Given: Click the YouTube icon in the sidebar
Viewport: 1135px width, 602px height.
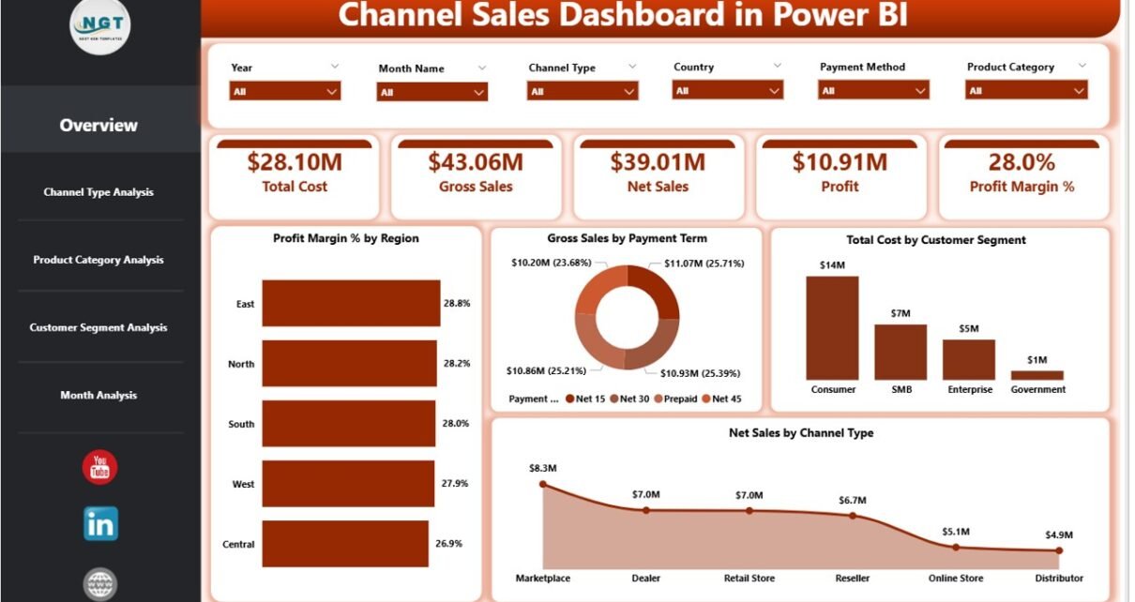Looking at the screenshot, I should pyautogui.click(x=99, y=467).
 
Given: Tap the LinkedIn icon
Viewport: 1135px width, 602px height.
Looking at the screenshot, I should pyautogui.click(x=100, y=524).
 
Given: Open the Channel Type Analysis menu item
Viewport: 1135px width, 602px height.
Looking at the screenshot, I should pyautogui.click(x=98, y=192).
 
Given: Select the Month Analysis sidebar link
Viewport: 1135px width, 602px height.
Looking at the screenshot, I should pyautogui.click(x=98, y=395).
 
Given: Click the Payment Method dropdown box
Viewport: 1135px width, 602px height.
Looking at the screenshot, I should pyautogui.click(x=874, y=91).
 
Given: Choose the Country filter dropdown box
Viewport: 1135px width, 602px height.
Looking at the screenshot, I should pyautogui.click(x=727, y=91).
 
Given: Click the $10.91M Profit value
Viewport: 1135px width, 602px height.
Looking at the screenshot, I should pyautogui.click(x=840, y=162).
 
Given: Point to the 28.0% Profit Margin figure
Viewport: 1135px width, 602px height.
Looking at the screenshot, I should pyautogui.click(x=1021, y=162).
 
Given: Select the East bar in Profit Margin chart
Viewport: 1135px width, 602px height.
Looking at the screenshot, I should pyautogui.click(x=351, y=304).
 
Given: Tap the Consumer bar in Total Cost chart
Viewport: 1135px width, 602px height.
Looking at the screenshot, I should pyautogui.click(x=832, y=327).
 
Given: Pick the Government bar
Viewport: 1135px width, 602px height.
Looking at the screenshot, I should pyautogui.click(x=1037, y=375).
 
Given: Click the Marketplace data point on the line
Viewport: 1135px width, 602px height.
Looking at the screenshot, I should pyautogui.click(x=543, y=485).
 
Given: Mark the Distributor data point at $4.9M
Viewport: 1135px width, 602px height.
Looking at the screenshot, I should pyautogui.click(x=1059, y=550).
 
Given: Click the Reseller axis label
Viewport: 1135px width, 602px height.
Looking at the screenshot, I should pyautogui.click(x=853, y=579).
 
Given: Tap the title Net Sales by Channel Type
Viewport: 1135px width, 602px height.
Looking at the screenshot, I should pyautogui.click(x=800, y=433).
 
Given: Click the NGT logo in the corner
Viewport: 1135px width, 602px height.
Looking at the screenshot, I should pyautogui.click(x=100, y=25).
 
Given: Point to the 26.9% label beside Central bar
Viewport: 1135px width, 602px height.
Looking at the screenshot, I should pyautogui.click(x=456, y=544).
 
